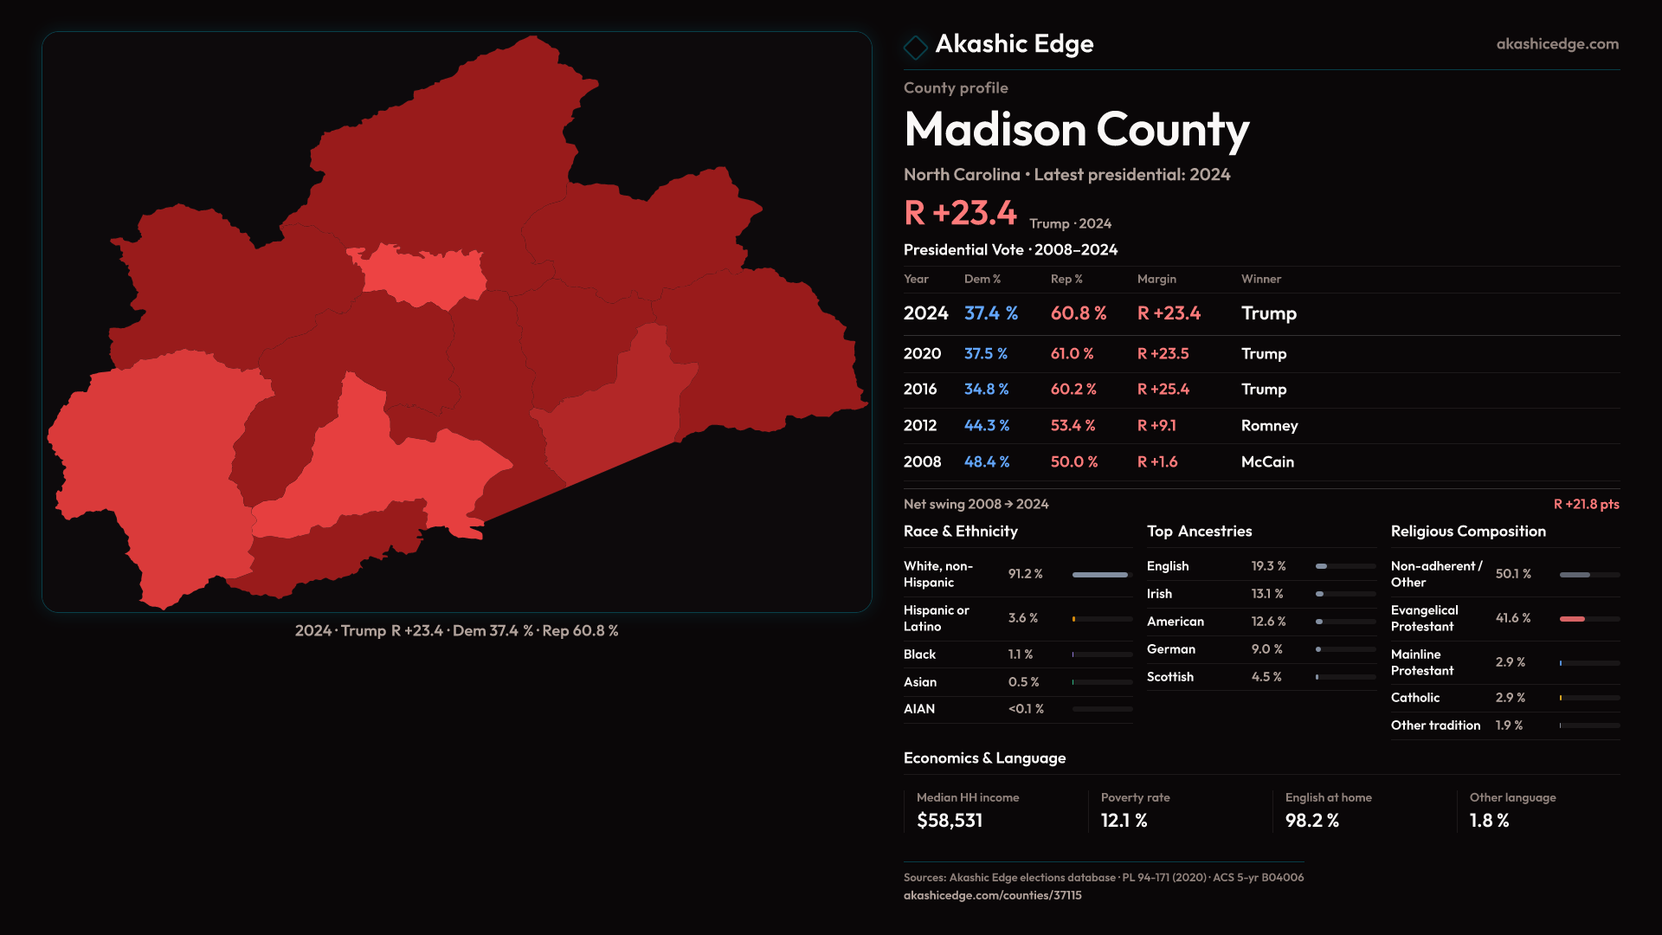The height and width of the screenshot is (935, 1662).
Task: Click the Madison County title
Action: coord(1076,130)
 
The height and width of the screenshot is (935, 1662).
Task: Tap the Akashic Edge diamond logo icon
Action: coord(915,47)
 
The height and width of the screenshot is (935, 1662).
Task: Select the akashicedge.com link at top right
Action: coord(1556,44)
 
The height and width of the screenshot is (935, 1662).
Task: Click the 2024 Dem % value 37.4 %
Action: coord(990,313)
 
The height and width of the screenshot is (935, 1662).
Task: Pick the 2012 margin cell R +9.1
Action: coord(1156,426)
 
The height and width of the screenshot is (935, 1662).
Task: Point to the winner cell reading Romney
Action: coord(1269,426)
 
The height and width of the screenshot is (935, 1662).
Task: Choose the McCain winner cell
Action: coord(1267,462)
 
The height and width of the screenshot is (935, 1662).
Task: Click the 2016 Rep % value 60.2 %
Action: coord(1073,390)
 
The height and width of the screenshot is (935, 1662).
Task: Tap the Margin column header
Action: coord(1156,279)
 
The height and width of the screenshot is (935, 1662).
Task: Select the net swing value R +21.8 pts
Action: coord(1586,505)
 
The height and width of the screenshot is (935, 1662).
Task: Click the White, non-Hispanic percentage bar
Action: coord(1100,575)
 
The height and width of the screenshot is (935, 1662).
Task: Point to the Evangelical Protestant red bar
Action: coord(1572,619)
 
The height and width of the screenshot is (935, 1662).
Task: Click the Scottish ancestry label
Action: coord(1169,677)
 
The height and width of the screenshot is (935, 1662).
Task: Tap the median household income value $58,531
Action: coord(950,821)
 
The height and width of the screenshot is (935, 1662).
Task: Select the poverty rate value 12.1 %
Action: coord(1124,821)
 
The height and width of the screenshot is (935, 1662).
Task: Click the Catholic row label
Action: coord(1415,698)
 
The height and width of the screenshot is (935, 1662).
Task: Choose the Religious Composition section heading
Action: coord(1468,532)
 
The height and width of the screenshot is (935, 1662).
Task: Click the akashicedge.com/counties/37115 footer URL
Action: coord(992,896)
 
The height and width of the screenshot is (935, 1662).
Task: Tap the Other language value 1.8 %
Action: coord(1489,821)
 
